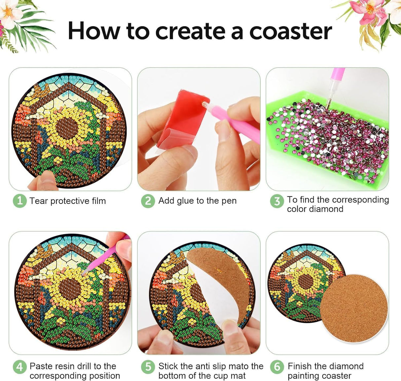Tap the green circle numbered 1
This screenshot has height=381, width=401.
(19, 201)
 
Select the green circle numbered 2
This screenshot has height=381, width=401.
(148, 201)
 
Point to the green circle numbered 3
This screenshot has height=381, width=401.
(277, 201)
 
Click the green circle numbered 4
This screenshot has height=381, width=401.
(19, 367)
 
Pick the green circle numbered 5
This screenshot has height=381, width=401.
(148, 367)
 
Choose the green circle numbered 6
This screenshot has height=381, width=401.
(277, 367)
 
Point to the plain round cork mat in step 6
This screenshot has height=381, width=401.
(353, 308)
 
